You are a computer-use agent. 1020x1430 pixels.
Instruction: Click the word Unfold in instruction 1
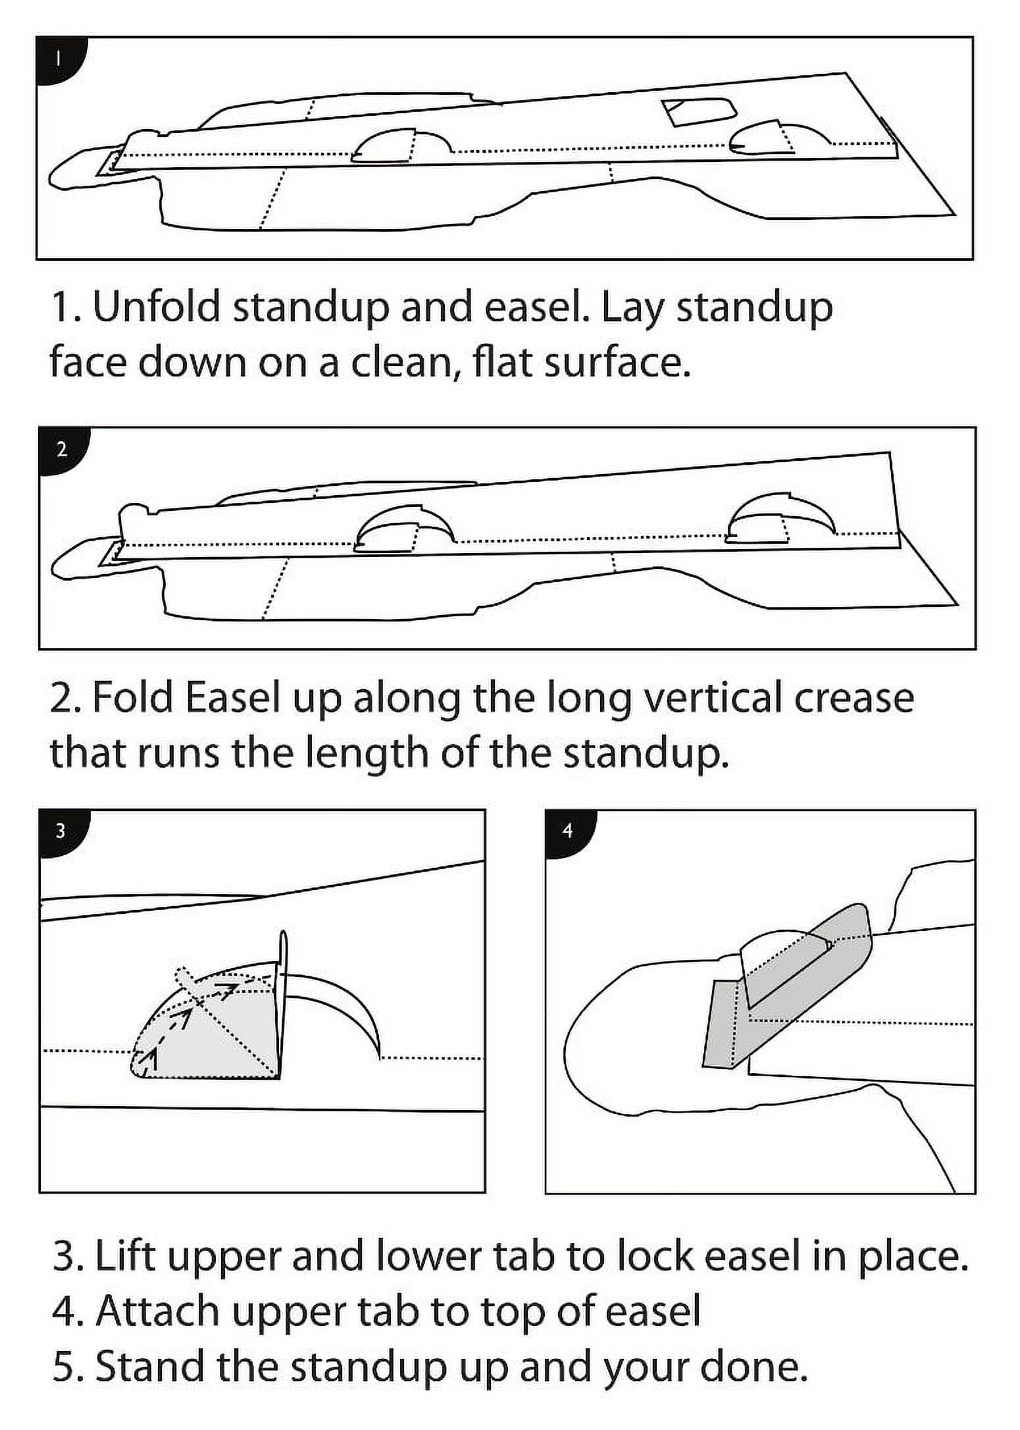tap(157, 307)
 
